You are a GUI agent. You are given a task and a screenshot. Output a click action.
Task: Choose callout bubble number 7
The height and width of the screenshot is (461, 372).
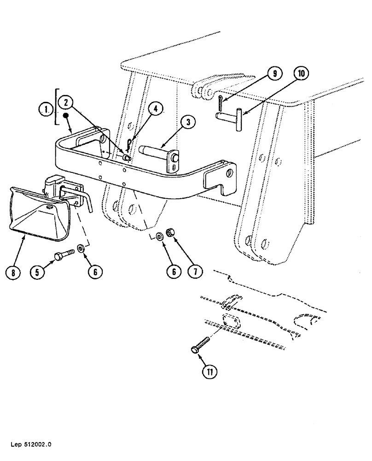[194, 272]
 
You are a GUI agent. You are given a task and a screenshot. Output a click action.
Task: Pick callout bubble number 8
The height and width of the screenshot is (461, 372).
[13, 272]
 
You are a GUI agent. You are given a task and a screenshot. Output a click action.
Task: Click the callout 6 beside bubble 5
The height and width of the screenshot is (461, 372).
[94, 272]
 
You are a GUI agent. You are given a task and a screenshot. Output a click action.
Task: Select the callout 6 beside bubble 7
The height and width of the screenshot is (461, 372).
[174, 272]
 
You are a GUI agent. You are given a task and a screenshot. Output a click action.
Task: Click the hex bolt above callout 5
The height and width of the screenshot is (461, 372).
[65, 254]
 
